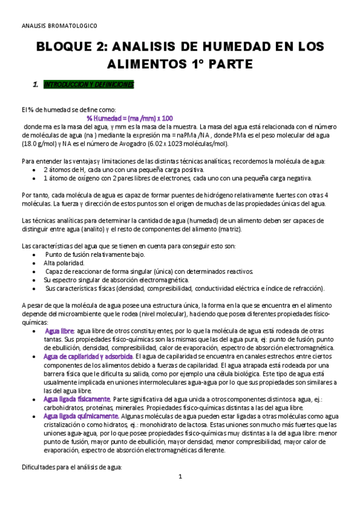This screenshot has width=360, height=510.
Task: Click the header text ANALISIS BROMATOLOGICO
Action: point(59,26)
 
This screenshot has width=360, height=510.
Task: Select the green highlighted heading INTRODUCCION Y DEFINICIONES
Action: point(89,85)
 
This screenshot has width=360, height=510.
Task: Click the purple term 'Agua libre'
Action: point(59,331)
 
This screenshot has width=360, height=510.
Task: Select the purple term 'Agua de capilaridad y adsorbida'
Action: point(88,356)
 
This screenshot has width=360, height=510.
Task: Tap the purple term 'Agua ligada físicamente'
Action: point(77,399)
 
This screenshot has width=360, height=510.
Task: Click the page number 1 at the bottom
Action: point(180,477)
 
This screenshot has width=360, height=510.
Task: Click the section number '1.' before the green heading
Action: point(35,85)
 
